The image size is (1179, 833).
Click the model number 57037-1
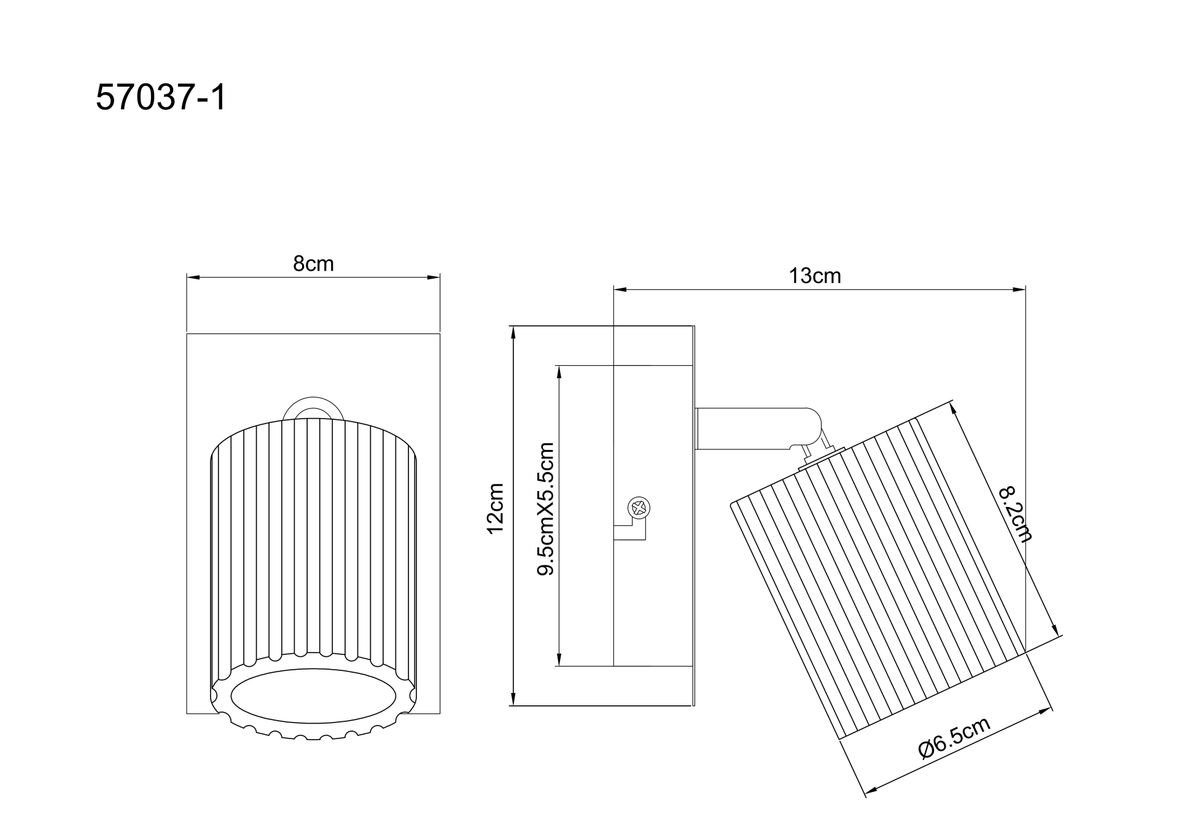pyautogui.click(x=161, y=98)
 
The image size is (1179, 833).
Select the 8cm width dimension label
pyautogui.click(x=313, y=263)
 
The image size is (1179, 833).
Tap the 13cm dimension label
pyautogui.click(x=814, y=276)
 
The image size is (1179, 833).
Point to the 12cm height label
pyautogui.click(x=495, y=509)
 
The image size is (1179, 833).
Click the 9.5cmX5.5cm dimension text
pyautogui.click(x=545, y=509)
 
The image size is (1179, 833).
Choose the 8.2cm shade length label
pyautogui.click(x=1015, y=514)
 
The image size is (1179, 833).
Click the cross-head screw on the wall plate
pyautogui.click(x=639, y=508)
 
